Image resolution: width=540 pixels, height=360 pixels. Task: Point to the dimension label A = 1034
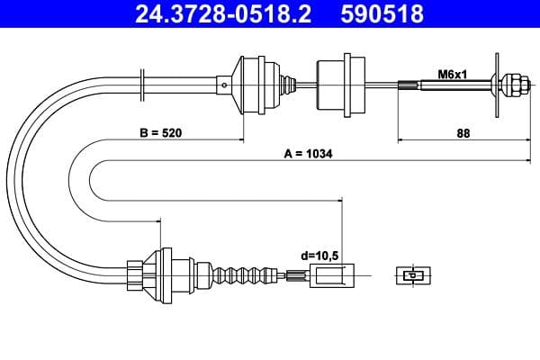[x=308, y=154]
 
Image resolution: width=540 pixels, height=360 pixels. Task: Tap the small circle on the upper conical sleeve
[x=223, y=85]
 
